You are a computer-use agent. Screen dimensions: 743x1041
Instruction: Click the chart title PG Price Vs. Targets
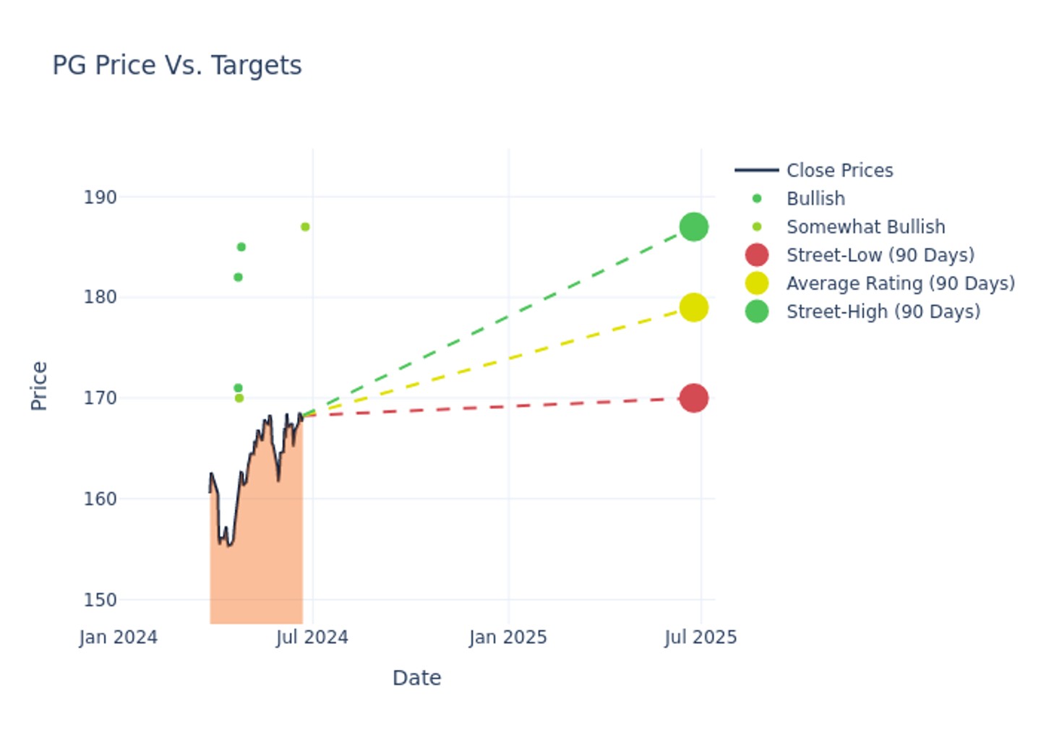click(x=177, y=66)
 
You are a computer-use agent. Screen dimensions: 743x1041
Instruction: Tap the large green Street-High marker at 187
click(x=693, y=227)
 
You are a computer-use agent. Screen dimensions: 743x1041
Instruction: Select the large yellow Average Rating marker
click(x=693, y=308)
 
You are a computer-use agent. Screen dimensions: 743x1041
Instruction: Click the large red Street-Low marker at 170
click(x=693, y=398)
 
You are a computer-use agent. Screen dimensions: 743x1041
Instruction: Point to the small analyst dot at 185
click(x=241, y=247)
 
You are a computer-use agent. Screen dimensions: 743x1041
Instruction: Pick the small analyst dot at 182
click(x=238, y=278)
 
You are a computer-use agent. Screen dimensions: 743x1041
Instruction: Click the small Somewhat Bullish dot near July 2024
click(x=305, y=227)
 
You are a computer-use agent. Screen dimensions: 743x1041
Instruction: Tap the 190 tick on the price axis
click(x=100, y=197)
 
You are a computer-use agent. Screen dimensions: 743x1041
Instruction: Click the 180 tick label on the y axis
click(x=100, y=297)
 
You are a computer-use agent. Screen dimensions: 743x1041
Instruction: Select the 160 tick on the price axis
click(x=100, y=499)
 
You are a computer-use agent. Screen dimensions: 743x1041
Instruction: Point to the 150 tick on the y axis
click(x=100, y=600)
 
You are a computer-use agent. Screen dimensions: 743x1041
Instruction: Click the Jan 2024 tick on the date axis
click(x=119, y=637)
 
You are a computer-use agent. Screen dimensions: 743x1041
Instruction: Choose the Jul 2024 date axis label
click(x=312, y=637)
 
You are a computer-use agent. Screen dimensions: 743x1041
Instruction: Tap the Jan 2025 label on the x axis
click(x=508, y=637)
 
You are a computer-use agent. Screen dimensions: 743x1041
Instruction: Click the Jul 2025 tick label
click(x=701, y=637)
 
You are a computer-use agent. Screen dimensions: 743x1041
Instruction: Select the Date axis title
click(x=416, y=678)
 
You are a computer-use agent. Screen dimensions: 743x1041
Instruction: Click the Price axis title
click(x=39, y=386)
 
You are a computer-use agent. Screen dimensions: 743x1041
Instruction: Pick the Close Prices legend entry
click(x=839, y=171)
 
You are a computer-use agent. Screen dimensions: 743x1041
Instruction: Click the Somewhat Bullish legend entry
click(x=865, y=227)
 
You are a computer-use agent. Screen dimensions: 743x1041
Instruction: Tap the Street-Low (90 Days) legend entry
click(x=880, y=255)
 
